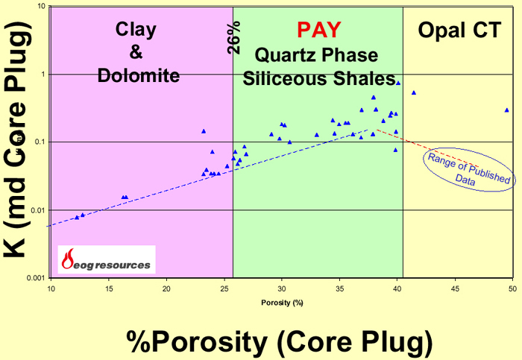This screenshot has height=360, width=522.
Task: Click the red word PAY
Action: pyautogui.click(x=318, y=30)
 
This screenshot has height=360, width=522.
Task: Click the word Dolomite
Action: pyautogui.click(x=137, y=75)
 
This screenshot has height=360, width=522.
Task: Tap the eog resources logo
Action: pyautogui.click(x=107, y=259)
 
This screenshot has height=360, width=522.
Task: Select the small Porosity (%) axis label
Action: pyautogui.click(x=281, y=302)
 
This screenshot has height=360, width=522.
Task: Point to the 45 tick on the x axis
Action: pyautogui.click(x=454, y=288)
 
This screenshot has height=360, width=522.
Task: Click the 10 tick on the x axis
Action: pyautogui.click(x=51, y=288)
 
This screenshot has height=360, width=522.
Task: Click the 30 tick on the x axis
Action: pyautogui.click(x=281, y=288)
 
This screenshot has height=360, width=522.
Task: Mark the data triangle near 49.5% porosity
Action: pyautogui.click(x=506, y=110)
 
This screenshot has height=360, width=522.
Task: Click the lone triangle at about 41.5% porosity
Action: pyautogui.click(x=414, y=93)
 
